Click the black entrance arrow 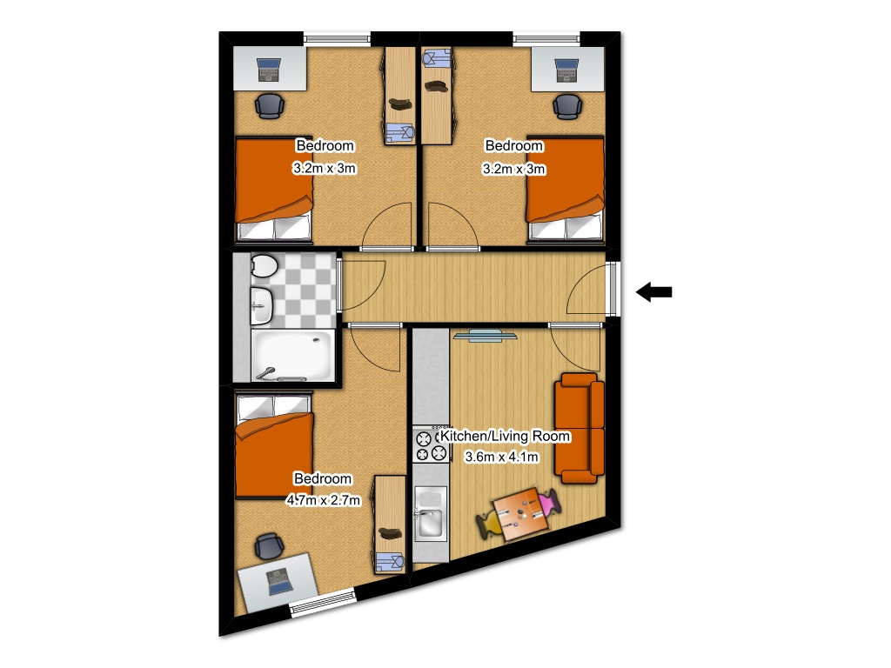pos(654,293)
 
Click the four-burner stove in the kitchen pos(431,444)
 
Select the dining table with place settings pos(520,512)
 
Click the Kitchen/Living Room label pos(506,436)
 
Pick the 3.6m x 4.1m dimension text pos(503,457)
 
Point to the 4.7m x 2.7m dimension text pos(323,500)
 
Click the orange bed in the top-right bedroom pos(566,188)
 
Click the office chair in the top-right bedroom pos(568,106)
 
